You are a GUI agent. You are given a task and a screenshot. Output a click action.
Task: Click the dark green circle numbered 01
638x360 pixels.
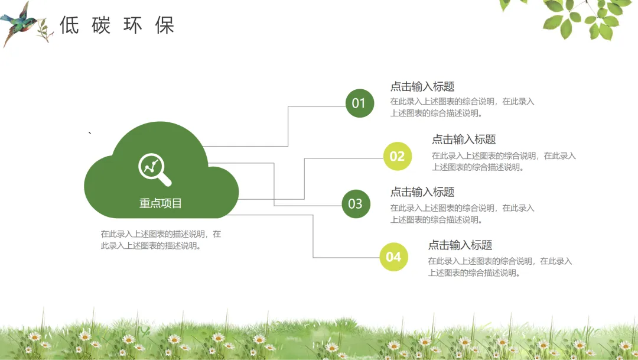point(359,103)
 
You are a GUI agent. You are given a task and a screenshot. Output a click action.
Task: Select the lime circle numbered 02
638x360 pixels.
point(397,156)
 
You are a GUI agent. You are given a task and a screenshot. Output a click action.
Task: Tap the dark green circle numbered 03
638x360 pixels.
point(356,204)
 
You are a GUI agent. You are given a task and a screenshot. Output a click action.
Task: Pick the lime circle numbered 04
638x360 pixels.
point(393,257)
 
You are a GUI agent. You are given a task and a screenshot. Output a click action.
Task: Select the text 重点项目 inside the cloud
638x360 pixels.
point(161,203)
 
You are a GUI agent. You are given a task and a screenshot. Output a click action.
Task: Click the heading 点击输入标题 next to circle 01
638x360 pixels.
point(422,86)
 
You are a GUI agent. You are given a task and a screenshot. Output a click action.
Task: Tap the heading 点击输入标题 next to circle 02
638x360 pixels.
point(463,140)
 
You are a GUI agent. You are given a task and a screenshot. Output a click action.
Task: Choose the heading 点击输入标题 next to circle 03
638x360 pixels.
point(422,192)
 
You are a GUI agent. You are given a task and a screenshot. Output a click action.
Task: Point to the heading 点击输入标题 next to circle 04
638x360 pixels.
point(460,245)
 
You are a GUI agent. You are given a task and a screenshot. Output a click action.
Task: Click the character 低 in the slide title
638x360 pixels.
point(69,25)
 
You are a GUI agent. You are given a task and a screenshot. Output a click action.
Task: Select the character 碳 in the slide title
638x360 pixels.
point(101,25)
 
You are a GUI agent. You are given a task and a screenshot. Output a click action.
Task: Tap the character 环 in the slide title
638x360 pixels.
point(133,25)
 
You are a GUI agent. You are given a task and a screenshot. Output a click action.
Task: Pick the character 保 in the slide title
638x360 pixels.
point(165,25)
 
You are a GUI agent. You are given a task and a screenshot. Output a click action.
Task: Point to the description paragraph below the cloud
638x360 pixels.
point(161,239)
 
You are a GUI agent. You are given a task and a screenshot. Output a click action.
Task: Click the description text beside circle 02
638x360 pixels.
point(503,161)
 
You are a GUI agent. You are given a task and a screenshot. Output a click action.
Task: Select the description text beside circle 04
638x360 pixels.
point(500,267)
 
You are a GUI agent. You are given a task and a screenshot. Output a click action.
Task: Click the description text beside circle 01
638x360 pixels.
point(462,108)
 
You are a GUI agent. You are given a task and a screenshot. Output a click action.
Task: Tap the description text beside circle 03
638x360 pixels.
point(462,214)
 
